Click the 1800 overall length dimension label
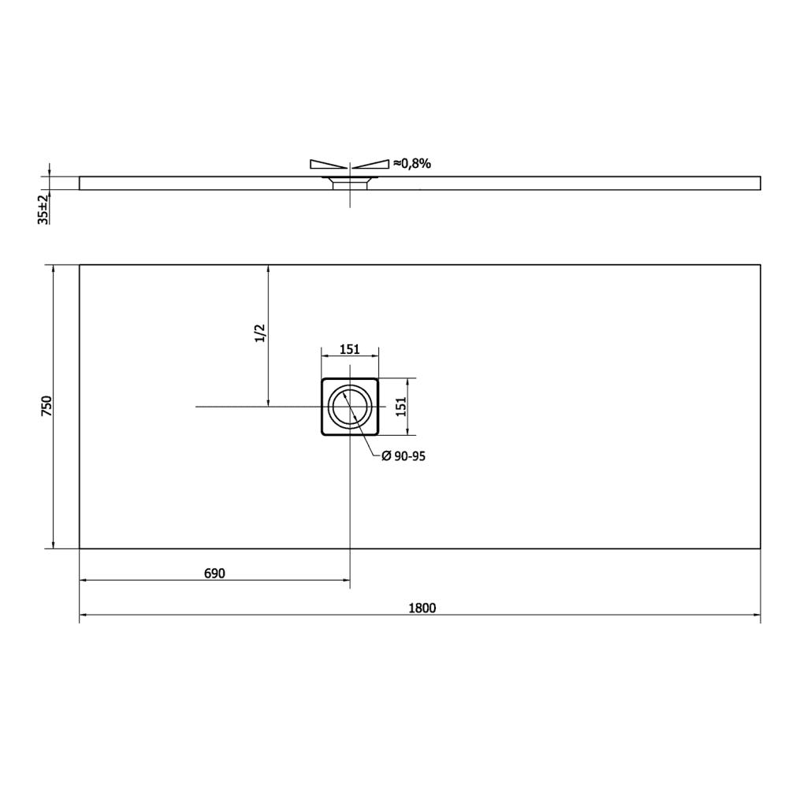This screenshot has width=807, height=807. [422, 608]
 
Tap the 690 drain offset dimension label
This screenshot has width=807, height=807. [214, 574]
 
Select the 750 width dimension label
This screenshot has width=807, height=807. [46, 406]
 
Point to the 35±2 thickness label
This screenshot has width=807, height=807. [43, 209]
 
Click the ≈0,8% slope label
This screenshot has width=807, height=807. [412, 164]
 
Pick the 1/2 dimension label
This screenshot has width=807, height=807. [260, 333]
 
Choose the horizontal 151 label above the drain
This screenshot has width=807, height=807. [349, 349]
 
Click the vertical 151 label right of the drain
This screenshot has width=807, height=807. [402, 407]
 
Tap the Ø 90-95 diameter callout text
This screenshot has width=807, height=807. [403, 456]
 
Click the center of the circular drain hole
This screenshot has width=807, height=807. [350, 407]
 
